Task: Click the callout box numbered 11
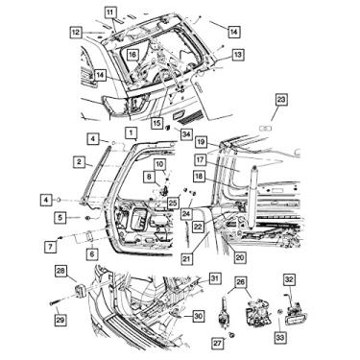coord(109,12)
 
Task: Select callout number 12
coord(76,32)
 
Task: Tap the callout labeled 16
coord(132,55)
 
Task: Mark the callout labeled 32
coord(289,279)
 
